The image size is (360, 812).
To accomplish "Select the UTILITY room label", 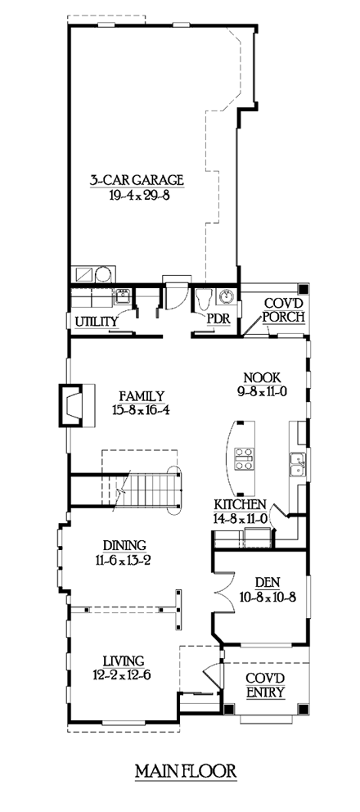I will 95,323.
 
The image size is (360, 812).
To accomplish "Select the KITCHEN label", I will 239,505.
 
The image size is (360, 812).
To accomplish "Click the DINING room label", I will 124,545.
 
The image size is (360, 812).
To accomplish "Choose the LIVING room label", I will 124,660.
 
